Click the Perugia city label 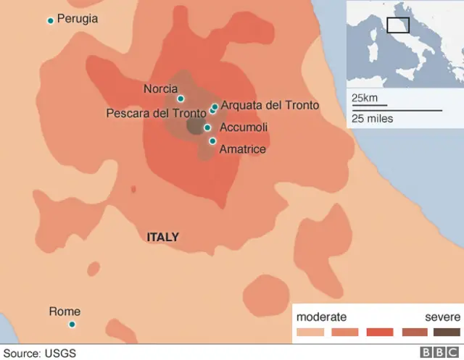click(x=78, y=19)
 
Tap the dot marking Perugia click(x=50, y=20)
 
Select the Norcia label click(x=160, y=89)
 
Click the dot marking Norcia click(x=181, y=99)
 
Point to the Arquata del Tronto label click(x=270, y=105)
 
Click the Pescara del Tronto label click(x=156, y=114)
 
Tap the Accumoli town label click(x=244, y=127)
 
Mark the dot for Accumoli click(x=207, y=127)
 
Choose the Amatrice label click(x=242, y=149)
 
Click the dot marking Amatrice click(x=212, y=141)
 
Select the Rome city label click(x=65, y=311)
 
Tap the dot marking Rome click(x=72, y=324)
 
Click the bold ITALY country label click(x=162, y=238)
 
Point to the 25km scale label click(x=365, y=98)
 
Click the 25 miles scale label click(x=372, y=118)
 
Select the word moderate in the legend click(x=321, y=317)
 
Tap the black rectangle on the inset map click(x=398, y=25)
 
